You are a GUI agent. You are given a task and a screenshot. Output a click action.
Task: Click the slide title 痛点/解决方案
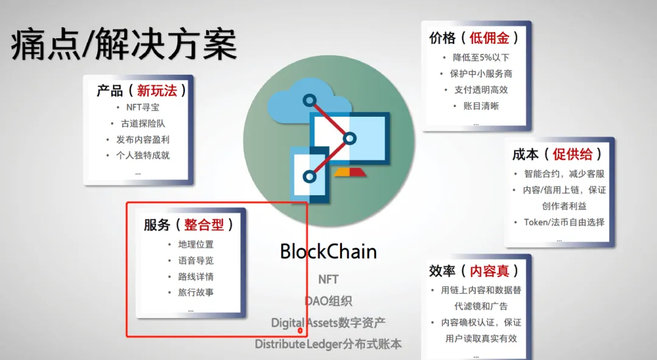tap(123, 45)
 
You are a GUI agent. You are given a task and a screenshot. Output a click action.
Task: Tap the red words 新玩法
tap(157, 91)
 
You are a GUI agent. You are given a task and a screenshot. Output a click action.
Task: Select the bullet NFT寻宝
tap(142, 107)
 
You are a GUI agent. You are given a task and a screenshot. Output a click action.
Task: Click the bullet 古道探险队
tap(143, 123)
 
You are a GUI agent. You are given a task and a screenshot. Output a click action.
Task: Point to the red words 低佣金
tap(489, 38)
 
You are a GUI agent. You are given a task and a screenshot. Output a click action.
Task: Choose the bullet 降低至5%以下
tap(481, 57)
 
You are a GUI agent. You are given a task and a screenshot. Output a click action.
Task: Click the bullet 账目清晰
tap(481, 106)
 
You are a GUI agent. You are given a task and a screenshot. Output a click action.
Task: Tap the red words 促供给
tap(572, 154)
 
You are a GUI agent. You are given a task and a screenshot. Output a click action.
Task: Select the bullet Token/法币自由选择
tap(564, 222)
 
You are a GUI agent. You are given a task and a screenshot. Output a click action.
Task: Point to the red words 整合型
tap(204, 225)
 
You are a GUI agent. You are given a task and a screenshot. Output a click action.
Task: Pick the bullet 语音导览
tap(196, 260)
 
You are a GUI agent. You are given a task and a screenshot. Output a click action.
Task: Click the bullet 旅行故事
tap(196, 292)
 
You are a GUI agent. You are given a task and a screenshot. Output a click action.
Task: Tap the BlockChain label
tap(328, 251)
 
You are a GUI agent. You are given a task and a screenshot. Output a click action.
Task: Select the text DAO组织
tap(328, 300)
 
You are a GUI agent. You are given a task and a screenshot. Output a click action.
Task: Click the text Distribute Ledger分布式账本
tap(328, 344)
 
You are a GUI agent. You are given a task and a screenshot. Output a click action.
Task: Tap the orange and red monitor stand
tap(349, 172)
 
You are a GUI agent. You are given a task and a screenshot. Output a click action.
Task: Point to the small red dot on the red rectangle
tap(300, 331)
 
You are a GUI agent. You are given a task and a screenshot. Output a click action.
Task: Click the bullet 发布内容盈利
tap(143, 139)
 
